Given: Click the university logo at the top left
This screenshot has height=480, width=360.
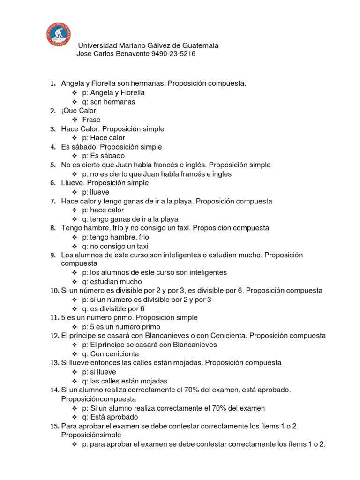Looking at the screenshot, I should click(x=60, y=33).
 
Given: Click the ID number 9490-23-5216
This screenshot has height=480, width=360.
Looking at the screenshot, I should click(x=173, y=54).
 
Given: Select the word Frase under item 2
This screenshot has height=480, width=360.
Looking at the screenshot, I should click(x=91, y=120).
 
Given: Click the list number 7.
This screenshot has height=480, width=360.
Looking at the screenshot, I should click(x=53, y=201).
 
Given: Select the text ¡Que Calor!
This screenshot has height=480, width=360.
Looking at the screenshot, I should click(x=80, y=111).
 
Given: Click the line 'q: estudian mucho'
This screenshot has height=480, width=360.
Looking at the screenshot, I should click(x=112, y=282).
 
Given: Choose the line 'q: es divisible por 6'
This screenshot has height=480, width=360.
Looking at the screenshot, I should click(x=113, y=309).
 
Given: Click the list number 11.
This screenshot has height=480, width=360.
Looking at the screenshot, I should click(x=53, y=318).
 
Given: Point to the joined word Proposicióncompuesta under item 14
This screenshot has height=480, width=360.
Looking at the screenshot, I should click(x=98, y=399).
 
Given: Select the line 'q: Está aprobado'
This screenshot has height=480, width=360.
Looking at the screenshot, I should click(x=110, y=417).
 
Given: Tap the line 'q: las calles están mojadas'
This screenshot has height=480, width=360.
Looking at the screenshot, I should click(x=125, y=381).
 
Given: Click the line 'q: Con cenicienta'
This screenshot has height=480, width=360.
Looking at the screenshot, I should click(x=111, y=354).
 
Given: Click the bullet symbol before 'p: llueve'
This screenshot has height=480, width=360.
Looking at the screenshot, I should click(x=75, y=192).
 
